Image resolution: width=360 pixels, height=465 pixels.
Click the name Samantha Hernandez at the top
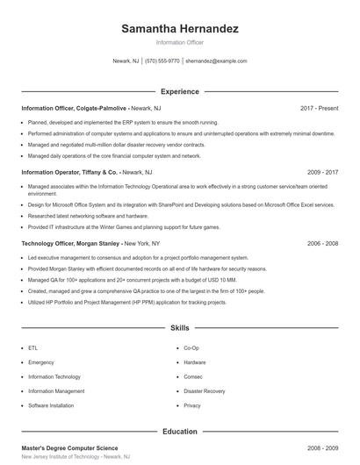coord(179,29)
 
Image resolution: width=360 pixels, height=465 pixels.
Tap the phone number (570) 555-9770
coord(162,61)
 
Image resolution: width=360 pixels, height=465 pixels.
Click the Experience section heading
coord(179,91)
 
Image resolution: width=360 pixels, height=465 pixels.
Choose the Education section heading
coord(179,432)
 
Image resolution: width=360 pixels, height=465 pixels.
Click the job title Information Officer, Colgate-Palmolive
coord(72,108)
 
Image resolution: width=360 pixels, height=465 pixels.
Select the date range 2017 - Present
coord(319,108)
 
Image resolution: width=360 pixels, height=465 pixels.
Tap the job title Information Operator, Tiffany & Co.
coord(69,173)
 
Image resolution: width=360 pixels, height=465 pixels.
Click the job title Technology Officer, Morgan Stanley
coord(70,242)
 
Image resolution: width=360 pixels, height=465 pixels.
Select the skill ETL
coord(32,348)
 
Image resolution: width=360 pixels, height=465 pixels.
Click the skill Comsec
coord(192,376)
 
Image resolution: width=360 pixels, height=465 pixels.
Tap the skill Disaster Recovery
coord(205,391)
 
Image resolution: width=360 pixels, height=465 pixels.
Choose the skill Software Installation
coord(51,405)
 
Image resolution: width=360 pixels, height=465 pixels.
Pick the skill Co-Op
coord(191,348)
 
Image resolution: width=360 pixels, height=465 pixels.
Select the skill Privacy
coord(192,405)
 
